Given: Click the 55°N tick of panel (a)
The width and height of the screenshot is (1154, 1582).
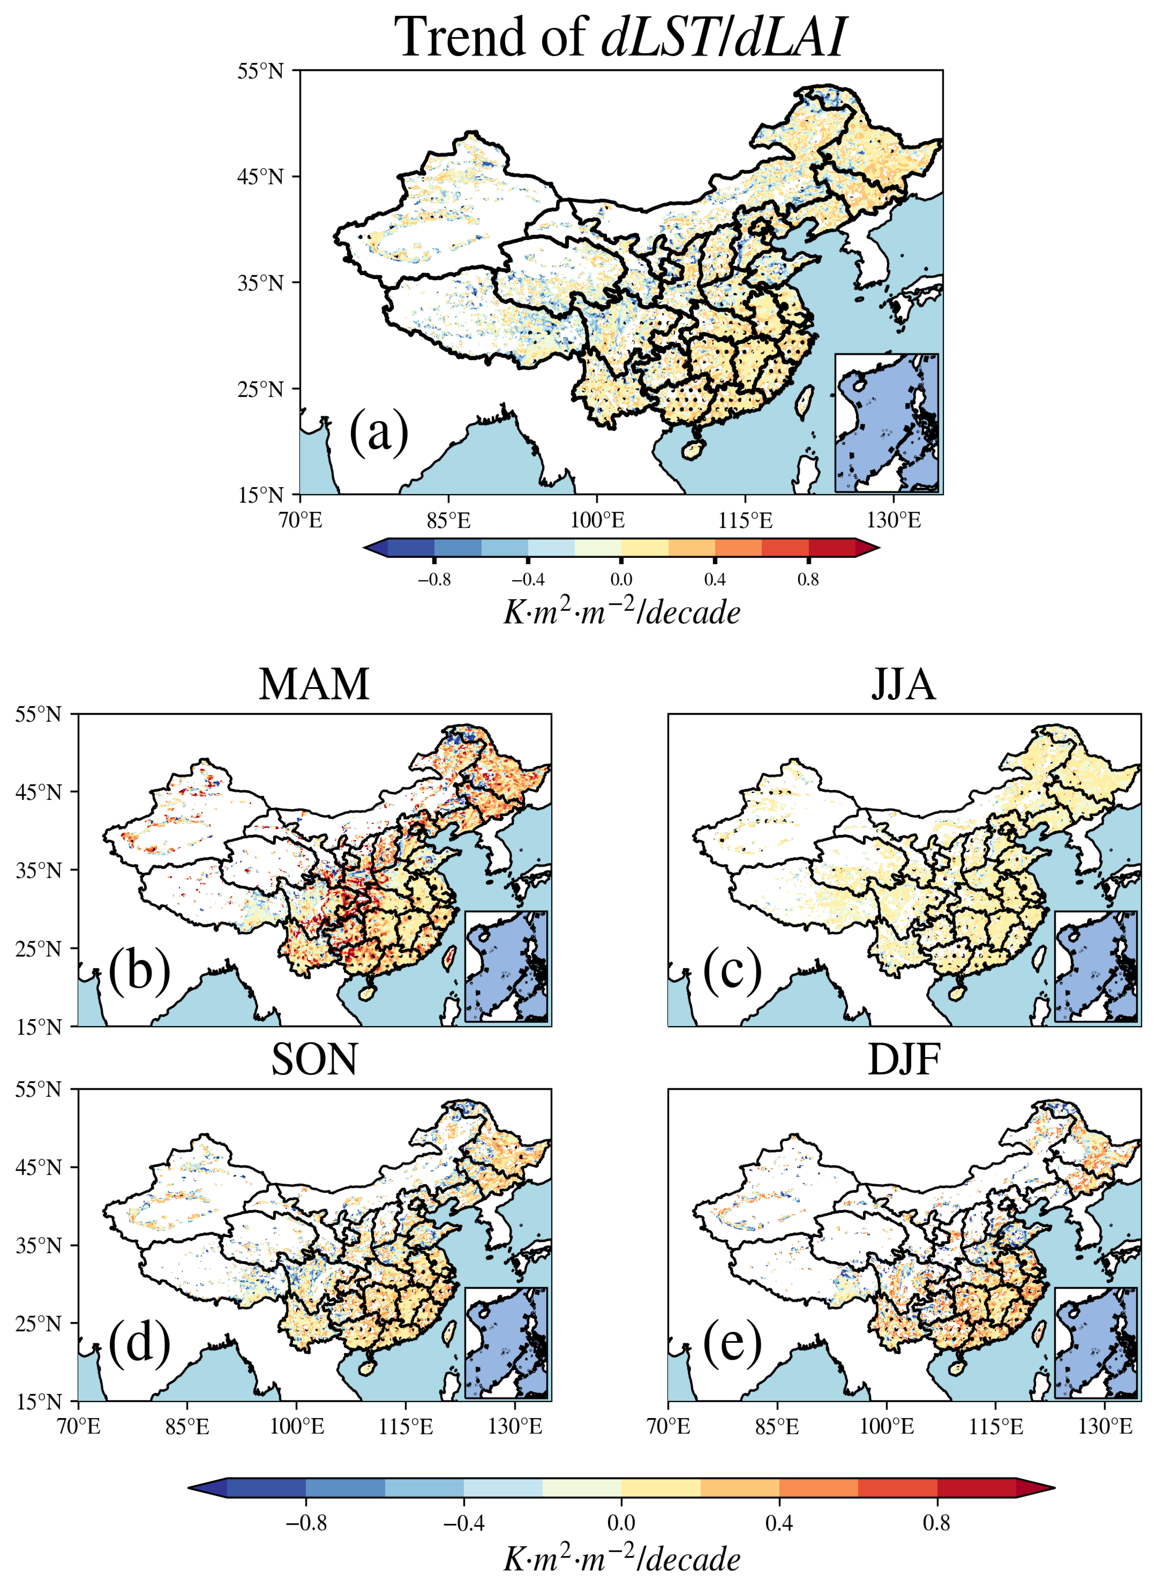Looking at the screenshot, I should (260, 71).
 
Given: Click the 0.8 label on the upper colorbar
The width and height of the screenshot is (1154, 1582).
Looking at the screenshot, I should (808, 579).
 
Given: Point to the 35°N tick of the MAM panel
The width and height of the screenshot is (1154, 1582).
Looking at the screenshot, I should (39, 870).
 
